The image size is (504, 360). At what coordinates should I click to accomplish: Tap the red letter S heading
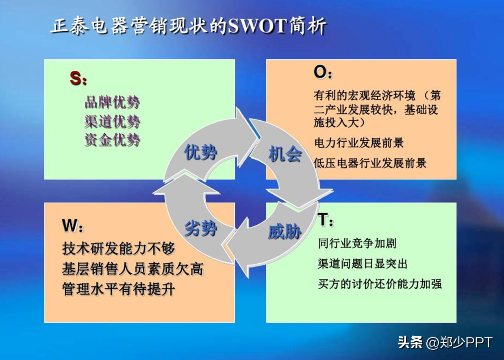click(75, 78)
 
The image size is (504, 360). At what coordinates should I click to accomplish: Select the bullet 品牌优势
click(112, 102)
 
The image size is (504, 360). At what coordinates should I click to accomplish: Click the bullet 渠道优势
click(112, 121)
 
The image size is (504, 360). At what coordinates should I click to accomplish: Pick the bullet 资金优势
click(112, 140)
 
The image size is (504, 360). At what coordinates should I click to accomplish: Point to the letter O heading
click(320, 72)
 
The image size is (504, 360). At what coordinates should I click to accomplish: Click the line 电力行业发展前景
click(359, 143)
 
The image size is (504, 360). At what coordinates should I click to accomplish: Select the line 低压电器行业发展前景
click(370, 163)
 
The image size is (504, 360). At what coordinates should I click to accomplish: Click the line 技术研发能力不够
click(119, 249)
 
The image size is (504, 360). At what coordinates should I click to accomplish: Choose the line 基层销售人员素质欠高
click(133, 269)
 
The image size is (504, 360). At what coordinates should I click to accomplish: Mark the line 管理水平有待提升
click(119, 289)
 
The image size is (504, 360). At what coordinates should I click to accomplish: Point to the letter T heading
click(323, 219)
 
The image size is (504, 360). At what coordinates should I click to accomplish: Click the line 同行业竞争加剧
click(357, 243)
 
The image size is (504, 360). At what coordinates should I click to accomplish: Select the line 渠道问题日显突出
click(363, 264)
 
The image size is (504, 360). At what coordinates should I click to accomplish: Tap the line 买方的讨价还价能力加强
click(380, 284)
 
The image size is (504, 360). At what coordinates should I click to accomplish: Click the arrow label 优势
click(200, 152)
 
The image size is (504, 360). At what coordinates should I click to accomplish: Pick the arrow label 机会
click(285, 154)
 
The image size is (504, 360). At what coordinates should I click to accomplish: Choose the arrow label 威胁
click(285, 232)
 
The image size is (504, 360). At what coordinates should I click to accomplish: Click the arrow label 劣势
click(200, 228)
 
